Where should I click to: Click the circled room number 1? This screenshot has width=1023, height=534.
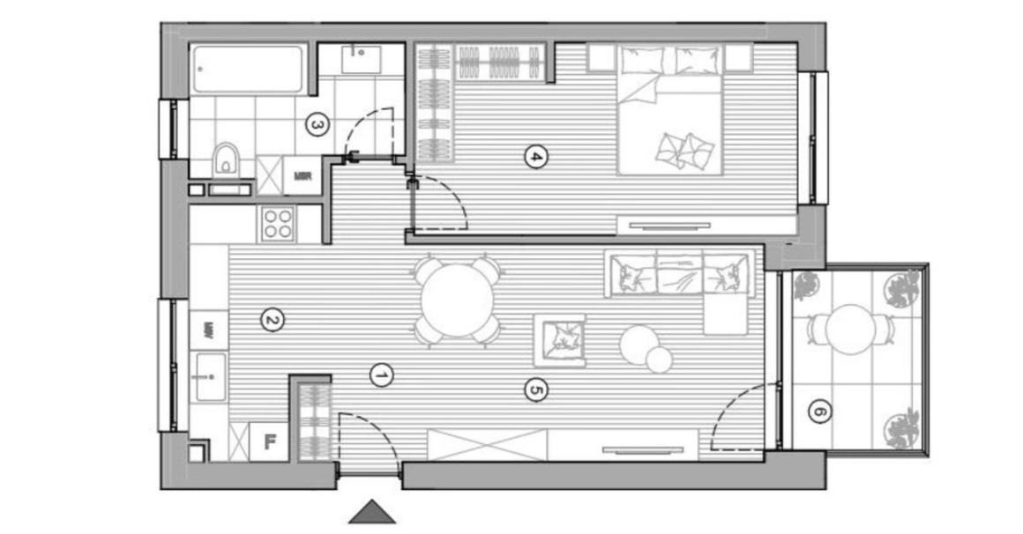tap(382, 375)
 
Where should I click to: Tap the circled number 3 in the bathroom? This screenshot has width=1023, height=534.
tap(317, 126)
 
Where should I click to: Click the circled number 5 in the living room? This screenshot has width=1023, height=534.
tap(533, 388)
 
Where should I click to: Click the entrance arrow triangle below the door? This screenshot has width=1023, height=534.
tap(371, 512)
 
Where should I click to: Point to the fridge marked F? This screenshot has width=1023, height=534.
tap(270, 441)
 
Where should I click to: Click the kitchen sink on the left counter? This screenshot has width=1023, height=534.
tap(210, 376)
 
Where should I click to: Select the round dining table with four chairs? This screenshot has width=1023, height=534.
tap(457, 300)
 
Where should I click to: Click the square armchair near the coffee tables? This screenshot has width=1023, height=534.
tap(560, 339)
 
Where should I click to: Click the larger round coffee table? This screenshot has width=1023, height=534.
tap(639, 344)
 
